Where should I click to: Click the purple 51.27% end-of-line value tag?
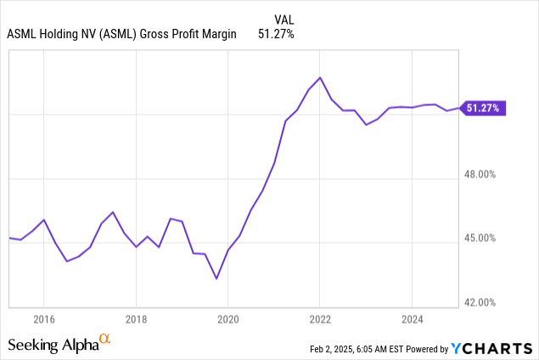point(484,108)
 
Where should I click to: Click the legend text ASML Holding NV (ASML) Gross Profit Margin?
point(121,34)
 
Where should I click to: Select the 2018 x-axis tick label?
point(136,319)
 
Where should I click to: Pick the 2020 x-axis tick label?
point(227,319)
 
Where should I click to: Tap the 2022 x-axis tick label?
point(319,319)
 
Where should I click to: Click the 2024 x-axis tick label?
point(411,319)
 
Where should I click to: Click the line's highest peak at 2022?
point(319,77)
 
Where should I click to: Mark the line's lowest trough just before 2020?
point(216,278)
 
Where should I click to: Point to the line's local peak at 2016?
point(44,219)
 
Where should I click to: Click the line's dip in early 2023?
point(366,125)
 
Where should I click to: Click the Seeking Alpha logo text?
point(52,345)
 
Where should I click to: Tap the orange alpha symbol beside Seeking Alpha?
point(105,340)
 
